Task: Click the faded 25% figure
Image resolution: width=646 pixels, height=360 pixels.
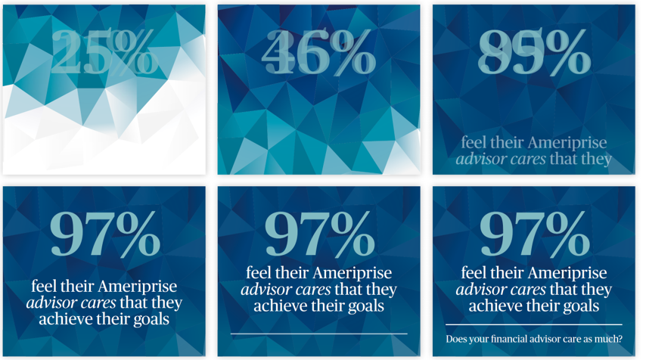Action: [x=104, y=54]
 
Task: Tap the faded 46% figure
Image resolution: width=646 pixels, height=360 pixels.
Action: [x=318, y=54]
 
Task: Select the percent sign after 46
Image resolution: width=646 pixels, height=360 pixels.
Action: [x=348, y=54]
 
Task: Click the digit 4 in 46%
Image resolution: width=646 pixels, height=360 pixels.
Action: [x=278, y=54]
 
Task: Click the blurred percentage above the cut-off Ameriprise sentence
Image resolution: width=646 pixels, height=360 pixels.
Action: [x=534, y=54]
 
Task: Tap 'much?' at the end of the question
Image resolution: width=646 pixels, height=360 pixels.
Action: [x=608, y=340]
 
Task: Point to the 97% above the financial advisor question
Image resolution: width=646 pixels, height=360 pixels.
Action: [x=534, y=234]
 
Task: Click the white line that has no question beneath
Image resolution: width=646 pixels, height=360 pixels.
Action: [x=318, y=334]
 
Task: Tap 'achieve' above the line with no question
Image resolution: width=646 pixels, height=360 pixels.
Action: [x=281, y=306]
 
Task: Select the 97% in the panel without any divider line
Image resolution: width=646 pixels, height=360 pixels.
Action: [x=104, y=234]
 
